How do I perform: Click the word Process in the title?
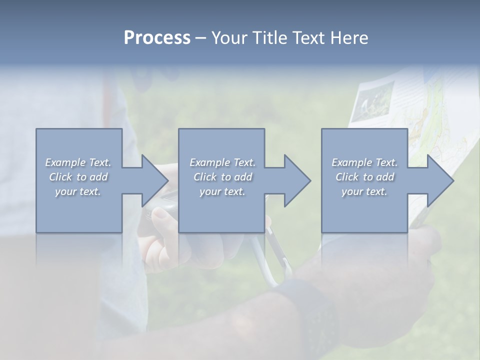click(157, 38)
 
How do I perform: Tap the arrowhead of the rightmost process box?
click(439, 180)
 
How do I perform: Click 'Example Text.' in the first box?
click(78, 162)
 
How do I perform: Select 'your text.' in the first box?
click(78, 191)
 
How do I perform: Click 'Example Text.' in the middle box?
click(222, 162)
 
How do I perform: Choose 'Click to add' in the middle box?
click(222, 177)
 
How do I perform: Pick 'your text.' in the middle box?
click(222, 191)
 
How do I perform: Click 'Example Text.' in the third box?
click(364, 162)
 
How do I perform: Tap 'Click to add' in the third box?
click(364, 177)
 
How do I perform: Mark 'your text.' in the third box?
click(364, 191)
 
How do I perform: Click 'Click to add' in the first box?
click(78, 177)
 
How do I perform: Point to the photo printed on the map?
click(372, 100)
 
